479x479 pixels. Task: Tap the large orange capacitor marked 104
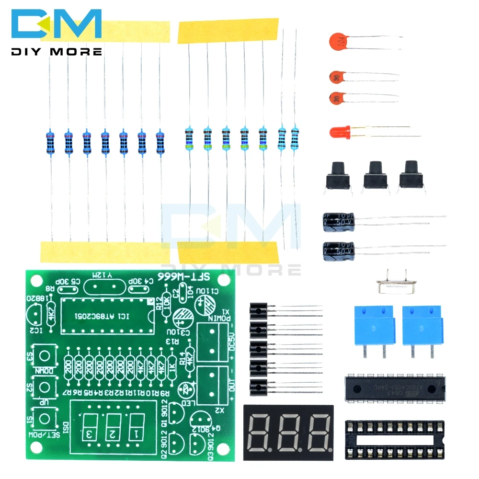338,41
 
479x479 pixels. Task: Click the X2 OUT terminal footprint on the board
213,385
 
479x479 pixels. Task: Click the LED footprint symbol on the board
183,389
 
